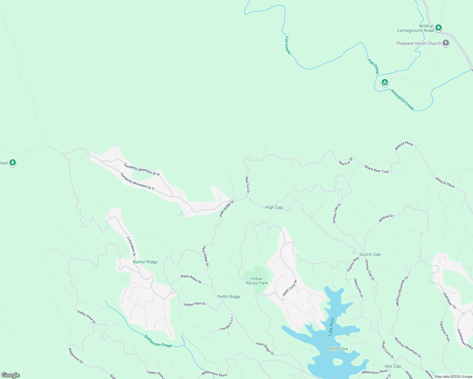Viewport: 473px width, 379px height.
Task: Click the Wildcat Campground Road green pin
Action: [x=439, y=28]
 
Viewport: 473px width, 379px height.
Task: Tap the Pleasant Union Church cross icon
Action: [x=445, y=43]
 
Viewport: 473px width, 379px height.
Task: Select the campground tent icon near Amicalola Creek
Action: [x=384, y=82]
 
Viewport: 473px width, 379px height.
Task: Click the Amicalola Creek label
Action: [x=402, y=100]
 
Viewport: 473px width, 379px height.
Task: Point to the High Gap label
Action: [x=274, y=207]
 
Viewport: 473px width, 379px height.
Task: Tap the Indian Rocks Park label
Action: [x=257, y=281]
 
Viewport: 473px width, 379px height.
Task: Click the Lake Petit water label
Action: [x=331, y=327]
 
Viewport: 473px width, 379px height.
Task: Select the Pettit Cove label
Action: [x=337, y=349]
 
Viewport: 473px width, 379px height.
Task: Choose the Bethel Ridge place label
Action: [x=145, y=262]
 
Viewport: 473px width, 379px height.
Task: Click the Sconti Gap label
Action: [x=370, y=254]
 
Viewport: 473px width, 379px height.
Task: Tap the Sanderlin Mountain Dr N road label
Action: [x=142, y=170]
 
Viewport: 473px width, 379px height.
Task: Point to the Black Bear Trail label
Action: [x=376, y=169]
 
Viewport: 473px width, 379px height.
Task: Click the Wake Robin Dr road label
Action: [x=191, y=279]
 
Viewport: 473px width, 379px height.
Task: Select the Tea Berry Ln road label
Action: [x=226, y=324]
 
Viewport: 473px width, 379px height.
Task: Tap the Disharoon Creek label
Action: [x=158, y=341]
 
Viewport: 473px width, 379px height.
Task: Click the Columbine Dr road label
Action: [x=131, y=246]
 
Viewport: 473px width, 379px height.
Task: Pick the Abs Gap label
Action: [x=392, y=366]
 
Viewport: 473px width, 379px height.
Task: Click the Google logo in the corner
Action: [x=10, y=375]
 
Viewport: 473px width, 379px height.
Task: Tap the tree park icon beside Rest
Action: [x=13, y=163]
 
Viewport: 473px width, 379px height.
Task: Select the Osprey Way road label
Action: [x=353, y=264]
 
